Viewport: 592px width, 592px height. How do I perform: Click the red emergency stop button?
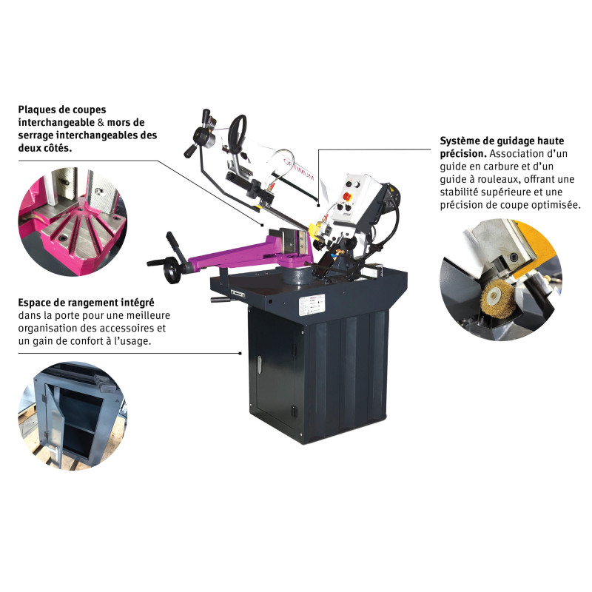346,196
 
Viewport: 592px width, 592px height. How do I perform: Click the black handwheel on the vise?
174,272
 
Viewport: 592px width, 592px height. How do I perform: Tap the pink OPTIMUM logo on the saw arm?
299,170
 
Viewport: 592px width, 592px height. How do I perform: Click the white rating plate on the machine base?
312,304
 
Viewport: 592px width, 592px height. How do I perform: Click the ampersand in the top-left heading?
101,123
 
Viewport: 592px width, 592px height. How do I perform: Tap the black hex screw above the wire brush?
514,258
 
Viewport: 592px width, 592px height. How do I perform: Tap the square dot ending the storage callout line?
240,354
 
